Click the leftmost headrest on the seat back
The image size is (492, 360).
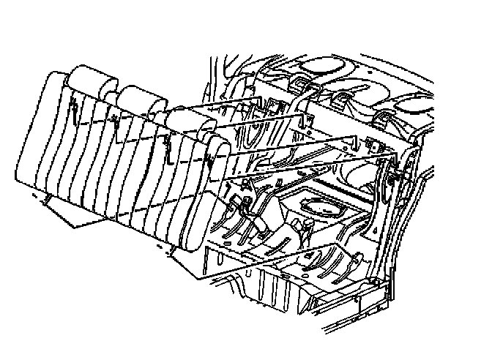pos(89,79)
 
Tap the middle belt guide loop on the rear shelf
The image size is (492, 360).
pos(343,99)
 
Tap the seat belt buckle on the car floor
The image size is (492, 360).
pos(242,201)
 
